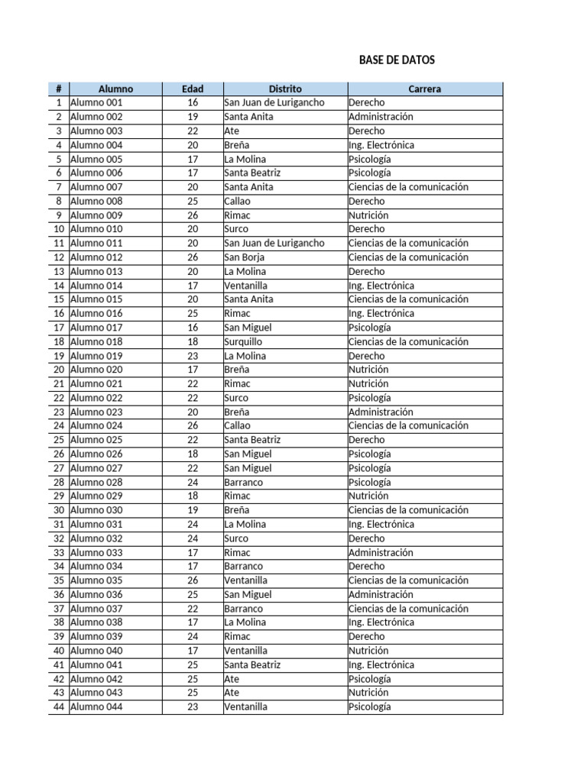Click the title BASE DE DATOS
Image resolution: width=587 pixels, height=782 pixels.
[x=397, y=60]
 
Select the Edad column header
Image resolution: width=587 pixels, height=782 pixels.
[x=193, y=89]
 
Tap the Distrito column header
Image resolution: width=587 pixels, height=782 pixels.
[x=285, y=89]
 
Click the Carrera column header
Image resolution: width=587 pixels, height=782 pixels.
[x=425, y=89]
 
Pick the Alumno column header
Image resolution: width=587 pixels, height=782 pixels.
[x=115, y=89]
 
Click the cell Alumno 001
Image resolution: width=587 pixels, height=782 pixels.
[x=96, y=102]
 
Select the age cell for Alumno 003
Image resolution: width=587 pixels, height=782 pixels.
[x=193, y=131]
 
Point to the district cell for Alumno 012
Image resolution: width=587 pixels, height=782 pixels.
[x=245, y=257]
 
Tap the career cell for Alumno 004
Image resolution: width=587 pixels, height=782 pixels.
[x=381, y=145]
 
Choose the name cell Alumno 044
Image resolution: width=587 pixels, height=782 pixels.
[x=96, y=706]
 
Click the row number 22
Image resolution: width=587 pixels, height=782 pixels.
[x=59, y=398]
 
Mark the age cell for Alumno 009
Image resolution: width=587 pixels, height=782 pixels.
[x=193, y=215]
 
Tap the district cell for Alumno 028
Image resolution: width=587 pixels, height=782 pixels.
[x=244, y=482]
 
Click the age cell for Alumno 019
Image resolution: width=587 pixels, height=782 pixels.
[x=193, y=356]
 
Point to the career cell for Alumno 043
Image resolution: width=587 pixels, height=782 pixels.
[x=368, y=693]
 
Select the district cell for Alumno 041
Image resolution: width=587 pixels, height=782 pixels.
[x=252, y=664]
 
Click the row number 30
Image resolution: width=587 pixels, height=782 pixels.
[x=59, y=510]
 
